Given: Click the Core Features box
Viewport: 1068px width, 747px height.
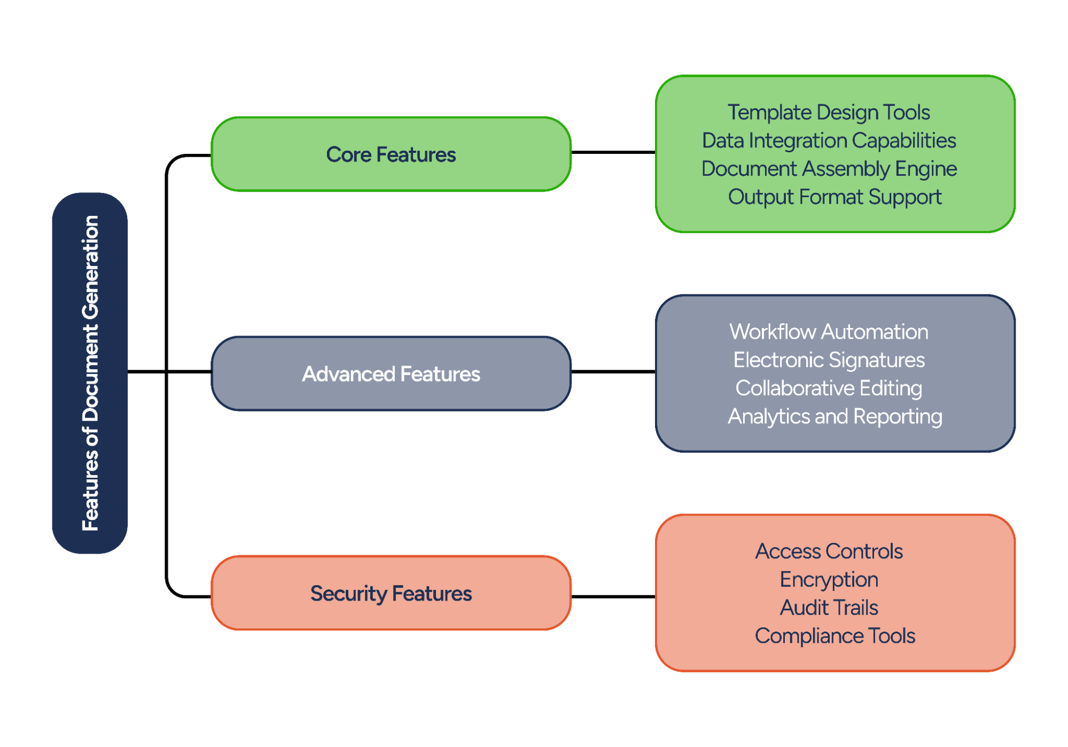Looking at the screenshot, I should click(391, 154).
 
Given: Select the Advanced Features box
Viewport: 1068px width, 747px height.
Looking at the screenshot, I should click(391, 374).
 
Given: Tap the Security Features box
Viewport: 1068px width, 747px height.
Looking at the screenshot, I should click(391, 593).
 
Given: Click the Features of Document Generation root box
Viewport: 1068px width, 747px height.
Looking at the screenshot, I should click(90, 373).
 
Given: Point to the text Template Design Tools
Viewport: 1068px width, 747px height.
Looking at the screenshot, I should click(828, 112).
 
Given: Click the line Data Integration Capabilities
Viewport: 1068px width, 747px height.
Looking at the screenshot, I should click(828, 141).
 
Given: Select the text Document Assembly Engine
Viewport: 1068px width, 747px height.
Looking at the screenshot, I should click(828, 169).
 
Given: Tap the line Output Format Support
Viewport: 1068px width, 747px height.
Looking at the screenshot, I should click(834, 197).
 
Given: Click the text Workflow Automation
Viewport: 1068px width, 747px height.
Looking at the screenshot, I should click(828, 332).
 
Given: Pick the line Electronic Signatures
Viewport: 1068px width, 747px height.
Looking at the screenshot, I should click(828, 360).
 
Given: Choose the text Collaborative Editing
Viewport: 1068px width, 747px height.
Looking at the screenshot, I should click(828, 388).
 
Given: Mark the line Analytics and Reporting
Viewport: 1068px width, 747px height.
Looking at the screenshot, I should click(834, 416).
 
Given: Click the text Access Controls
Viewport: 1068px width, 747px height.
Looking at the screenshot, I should click(828, 551).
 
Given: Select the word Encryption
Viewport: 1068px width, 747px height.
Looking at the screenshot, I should click(828, 580).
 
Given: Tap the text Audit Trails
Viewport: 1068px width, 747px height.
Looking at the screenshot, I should click(828, 608).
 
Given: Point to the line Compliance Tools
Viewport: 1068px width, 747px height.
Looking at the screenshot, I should click(834, 636).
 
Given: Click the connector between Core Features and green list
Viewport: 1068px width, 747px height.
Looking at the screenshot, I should click(613, 152).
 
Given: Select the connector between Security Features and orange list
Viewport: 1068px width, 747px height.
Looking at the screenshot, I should click(613, 596).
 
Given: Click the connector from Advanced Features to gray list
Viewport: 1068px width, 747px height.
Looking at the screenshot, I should click(613, 371).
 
